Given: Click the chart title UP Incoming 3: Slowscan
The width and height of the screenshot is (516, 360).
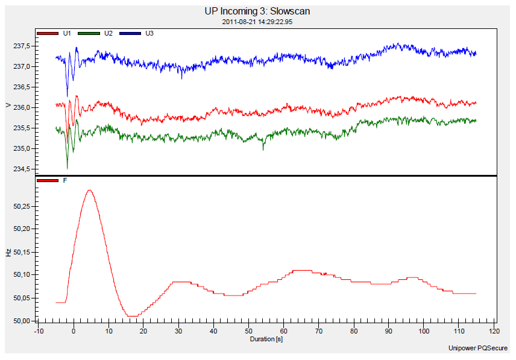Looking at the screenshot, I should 258,11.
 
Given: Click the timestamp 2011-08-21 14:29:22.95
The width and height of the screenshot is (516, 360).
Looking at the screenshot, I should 258,22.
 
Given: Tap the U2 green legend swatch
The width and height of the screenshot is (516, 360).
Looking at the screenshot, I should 89,33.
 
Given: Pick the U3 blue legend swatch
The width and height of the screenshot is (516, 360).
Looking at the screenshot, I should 131,33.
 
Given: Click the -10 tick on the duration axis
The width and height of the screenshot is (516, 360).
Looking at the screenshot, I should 39,331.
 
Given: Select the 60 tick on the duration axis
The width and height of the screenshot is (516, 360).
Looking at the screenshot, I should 284,331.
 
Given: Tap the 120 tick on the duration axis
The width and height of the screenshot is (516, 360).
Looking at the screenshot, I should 494,331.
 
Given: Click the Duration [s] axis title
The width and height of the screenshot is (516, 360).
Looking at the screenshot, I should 266,339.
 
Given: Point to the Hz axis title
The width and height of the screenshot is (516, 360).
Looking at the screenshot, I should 8,253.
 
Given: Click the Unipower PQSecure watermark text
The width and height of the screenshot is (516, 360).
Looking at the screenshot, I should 477,349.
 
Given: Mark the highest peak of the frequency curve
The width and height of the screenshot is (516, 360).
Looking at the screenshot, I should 90,191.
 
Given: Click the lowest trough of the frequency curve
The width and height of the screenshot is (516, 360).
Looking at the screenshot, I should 132,315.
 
